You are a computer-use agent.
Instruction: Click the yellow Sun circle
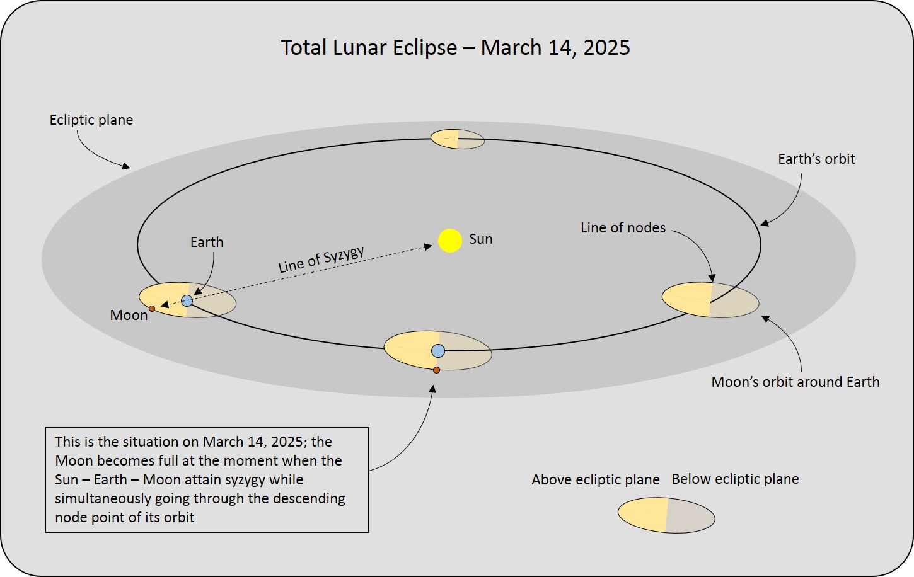(449, 241)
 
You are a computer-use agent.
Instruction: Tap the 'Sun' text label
(481, 239)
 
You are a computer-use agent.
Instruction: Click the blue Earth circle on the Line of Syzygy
(187, 301)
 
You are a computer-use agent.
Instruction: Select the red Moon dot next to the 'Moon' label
(152, 309)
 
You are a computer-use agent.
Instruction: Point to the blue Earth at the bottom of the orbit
(438, 351)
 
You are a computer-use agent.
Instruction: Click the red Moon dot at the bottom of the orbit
(436, 370)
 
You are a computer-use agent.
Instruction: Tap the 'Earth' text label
(207, 243)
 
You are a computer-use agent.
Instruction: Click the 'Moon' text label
(129, 315)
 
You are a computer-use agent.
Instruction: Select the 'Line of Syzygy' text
(321, 260)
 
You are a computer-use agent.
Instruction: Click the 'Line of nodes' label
(623, 227)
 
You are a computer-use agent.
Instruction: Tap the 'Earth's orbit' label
(816, 159)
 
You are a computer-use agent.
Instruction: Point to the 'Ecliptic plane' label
(91, 120)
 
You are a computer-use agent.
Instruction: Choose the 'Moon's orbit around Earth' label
(795, 382)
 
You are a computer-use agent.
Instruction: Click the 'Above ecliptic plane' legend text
(595, 479)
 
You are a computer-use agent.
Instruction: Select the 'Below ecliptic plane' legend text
(735, 479)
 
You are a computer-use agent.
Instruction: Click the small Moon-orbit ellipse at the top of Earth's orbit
(458, 139)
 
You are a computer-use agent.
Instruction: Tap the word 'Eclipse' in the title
(425, 48)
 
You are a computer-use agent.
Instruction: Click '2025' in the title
(606, 47)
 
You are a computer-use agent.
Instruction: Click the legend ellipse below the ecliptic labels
(666, 515)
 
